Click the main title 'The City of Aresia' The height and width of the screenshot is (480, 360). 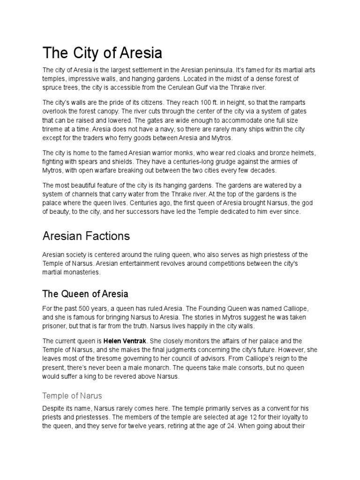[x=102, y=53]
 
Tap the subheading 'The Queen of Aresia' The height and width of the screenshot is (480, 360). [x=85, y=294]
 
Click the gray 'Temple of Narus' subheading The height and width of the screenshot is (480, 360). [x=72, y=395]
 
